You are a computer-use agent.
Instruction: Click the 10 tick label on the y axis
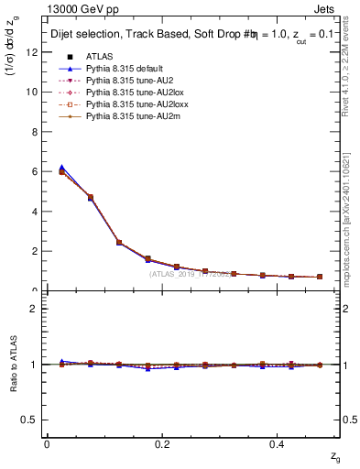click(32, 92)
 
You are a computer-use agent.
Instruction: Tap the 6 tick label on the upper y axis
click(35, 171)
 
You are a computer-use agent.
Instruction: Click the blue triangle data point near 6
click(61, 168)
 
